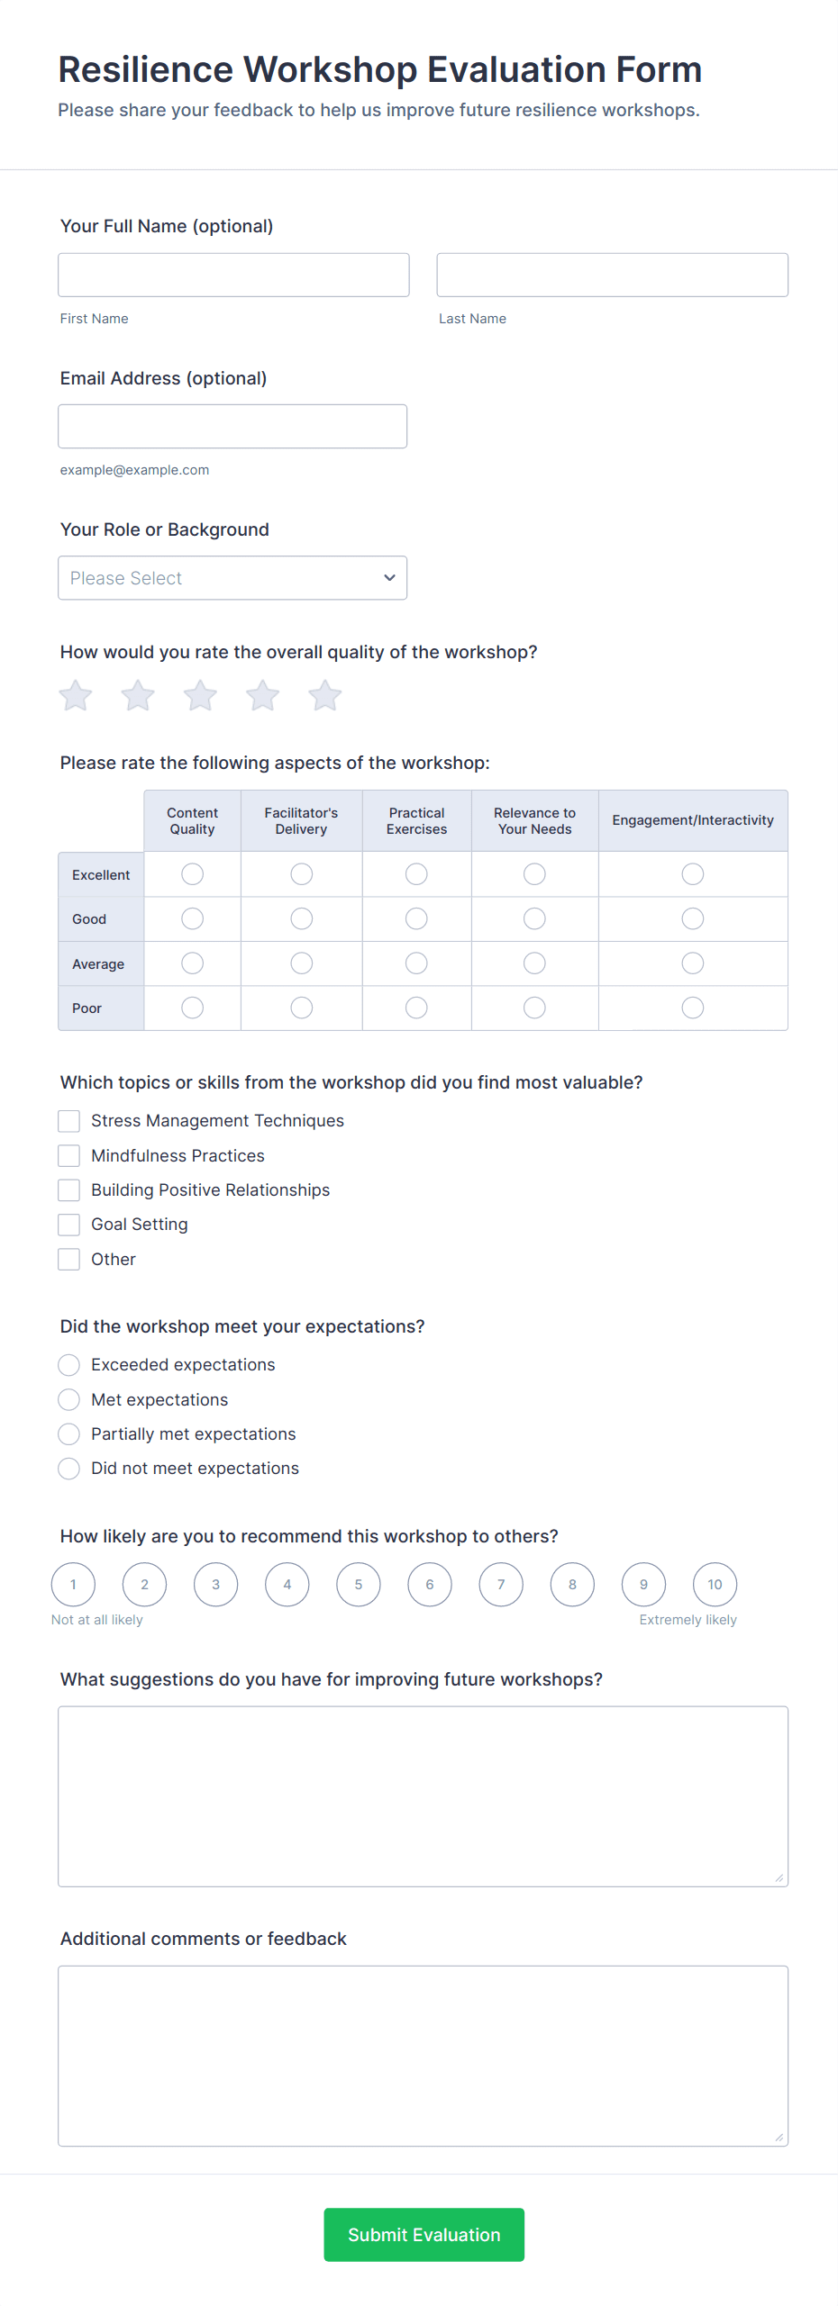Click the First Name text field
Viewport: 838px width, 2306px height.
(233, 275)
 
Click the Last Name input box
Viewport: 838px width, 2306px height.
(612, 275)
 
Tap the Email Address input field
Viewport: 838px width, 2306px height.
(232, 426)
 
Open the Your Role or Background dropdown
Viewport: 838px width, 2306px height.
(232, 578)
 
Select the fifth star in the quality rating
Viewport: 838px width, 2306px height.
(325, 696)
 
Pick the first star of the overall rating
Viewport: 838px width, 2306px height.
(76, 696)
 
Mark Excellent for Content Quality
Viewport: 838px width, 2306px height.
(192, 874)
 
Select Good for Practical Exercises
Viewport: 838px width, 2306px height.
(416, 918)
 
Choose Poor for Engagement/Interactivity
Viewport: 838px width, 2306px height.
(692, 1008)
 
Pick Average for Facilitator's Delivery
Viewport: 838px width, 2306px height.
(301, 963)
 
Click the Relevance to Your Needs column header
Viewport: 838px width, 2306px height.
(534, 820)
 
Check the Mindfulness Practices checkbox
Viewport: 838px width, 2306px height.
(69, 1155)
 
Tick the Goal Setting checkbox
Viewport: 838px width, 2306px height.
(69, 1225)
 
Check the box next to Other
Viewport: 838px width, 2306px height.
(69, 1259)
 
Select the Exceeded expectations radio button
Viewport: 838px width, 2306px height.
(69, 1365)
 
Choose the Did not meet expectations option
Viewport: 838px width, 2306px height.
(69, 1469)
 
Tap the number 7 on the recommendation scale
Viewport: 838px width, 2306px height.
(501, 1585)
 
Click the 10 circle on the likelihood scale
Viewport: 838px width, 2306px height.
(715, 1585)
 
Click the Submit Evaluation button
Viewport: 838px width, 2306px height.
(424, 2234)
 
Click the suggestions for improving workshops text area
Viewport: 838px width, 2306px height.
(423, 1795)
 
